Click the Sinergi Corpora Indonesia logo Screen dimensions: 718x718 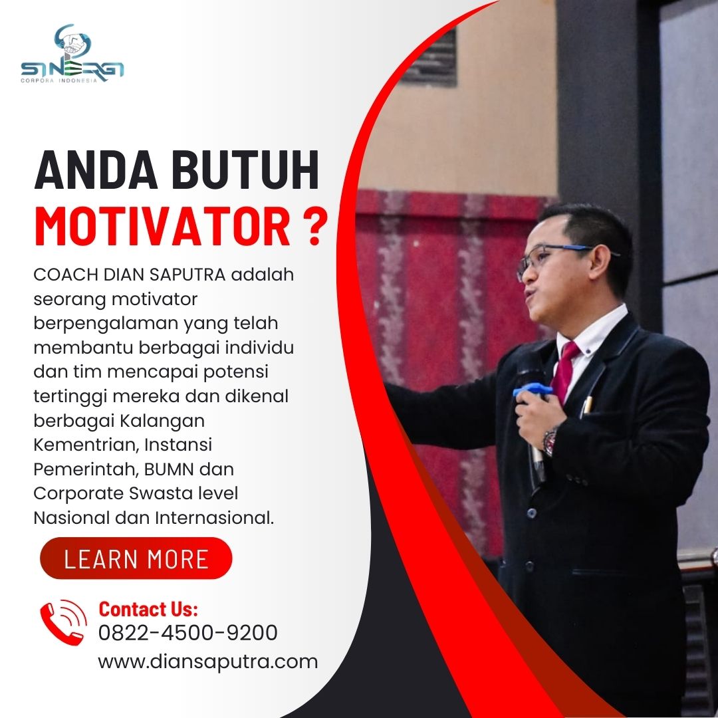[72, 54]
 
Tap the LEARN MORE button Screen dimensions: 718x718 [136, 558]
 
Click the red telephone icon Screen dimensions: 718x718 [63, 622]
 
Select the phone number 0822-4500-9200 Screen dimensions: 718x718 [187, 633]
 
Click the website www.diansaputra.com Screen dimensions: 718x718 [208, 662]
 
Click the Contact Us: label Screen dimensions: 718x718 [148, 609]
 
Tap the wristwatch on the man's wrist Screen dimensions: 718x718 [550, 441]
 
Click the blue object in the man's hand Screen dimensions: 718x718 [532, 390]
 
